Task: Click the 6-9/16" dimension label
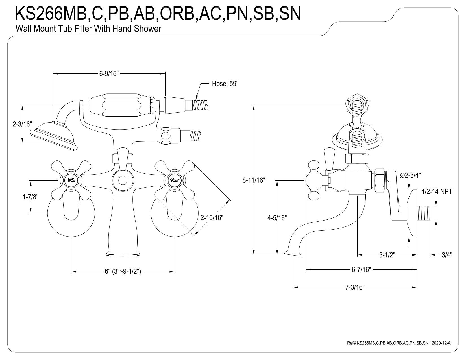point(109,74)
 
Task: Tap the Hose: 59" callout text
point(225,83)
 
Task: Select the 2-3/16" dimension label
point(22,124)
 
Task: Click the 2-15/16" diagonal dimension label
point(212,218)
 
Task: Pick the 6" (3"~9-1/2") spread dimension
point(123,271)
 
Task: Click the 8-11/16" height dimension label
point(254,180)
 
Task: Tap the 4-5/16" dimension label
point(277,218)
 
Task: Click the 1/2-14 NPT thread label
point(437,191)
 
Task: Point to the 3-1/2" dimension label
point(387,255)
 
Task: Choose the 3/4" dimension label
point(447,255)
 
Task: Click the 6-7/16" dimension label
point(361,269)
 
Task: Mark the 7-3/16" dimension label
point(355,287)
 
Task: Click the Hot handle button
point(71,180)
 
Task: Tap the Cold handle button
point(174,180)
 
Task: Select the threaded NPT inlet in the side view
point(423,213)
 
